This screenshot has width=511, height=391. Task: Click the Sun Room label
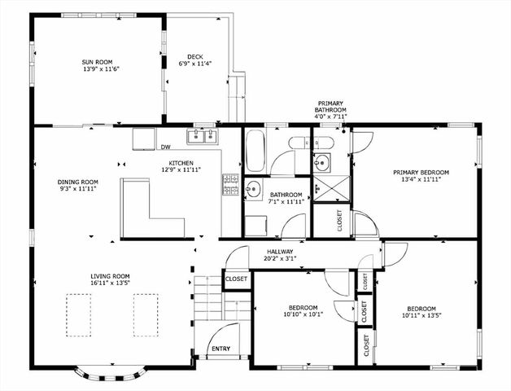98,61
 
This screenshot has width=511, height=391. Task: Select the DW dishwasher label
165,147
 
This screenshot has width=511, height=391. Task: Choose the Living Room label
111,276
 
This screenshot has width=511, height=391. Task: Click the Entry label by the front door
221,349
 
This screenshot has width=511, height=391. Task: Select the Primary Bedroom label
421,172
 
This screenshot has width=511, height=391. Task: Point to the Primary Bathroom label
331,109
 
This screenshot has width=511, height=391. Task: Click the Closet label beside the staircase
236,279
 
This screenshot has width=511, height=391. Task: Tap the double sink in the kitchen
202,135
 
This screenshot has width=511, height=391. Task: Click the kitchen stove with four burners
231,184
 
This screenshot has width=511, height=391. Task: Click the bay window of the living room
111,373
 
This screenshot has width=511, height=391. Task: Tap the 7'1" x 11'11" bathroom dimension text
286,202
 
